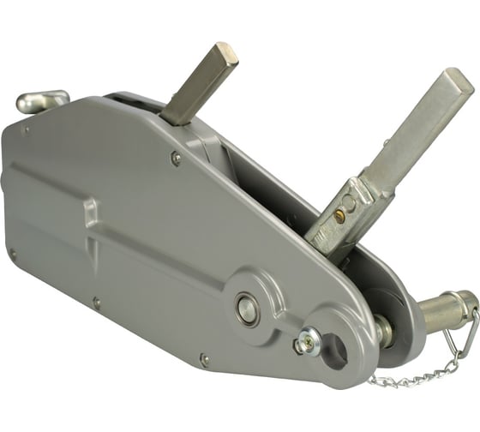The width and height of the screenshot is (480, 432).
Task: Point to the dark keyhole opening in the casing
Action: click(x=333, y=347)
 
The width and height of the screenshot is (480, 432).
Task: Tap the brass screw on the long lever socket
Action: click(x=340, y=216)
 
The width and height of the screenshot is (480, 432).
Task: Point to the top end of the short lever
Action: click(x=225, y=53)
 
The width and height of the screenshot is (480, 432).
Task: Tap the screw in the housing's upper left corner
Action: click(x=27, y=130)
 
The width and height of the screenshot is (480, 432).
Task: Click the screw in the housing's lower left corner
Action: click(x=12, y=253)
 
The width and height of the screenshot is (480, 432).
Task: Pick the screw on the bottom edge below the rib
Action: click(x=96, y=303)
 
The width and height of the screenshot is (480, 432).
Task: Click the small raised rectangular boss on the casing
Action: click(x=87, y=212)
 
